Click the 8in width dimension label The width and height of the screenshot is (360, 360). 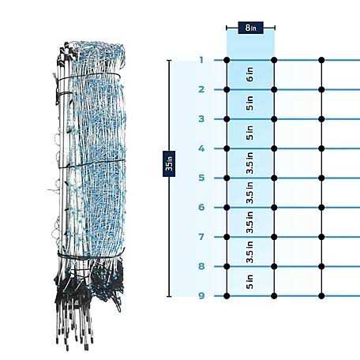[250, 28]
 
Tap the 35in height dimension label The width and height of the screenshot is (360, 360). [169, 163]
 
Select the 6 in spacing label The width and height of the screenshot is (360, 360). [249, 74]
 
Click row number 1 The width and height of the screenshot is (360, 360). [201, 60]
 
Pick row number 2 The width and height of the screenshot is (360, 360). [201, 89]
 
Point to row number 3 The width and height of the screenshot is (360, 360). [201, 119]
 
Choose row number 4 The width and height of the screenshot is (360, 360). [201, 148]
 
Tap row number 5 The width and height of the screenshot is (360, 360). [201, 178]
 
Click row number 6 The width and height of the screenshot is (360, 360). [201, 208]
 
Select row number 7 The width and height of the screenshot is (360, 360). [201, 237]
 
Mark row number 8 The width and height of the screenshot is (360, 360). [201, 266]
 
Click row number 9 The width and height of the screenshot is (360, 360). [201, 296]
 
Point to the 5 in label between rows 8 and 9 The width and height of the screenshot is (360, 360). [249, 281]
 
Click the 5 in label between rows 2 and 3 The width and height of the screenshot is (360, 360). [249, 103]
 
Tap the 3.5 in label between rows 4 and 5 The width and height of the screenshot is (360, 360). [249, 163]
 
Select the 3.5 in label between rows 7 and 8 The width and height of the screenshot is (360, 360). [249, 252]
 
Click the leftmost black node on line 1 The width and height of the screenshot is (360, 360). [227, 60]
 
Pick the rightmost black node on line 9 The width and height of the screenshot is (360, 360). [321, 296]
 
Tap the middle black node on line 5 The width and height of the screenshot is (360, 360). [274, 178]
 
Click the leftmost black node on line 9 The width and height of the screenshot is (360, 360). [227, 296]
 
